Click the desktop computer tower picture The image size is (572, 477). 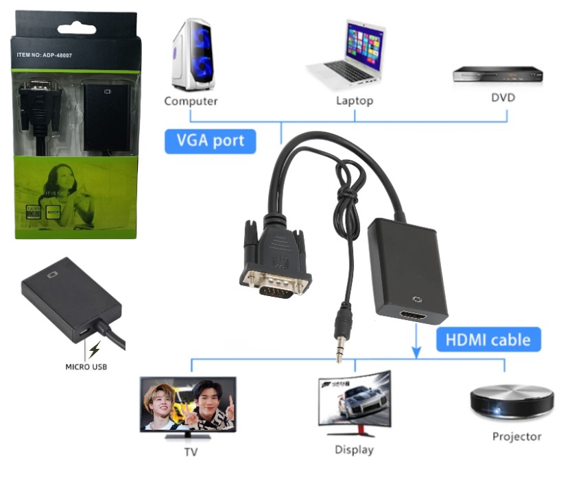(191, 55)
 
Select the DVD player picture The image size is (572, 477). (497, 74)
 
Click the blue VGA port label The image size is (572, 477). (210, 140)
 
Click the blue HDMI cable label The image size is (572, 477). (488, 339)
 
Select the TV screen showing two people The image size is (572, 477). (188, 404)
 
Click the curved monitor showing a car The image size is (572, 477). (354, 400)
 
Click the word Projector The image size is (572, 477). (516, 437)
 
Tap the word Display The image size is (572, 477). (354, 450)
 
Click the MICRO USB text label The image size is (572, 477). (86, 367)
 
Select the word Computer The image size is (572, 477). (191, 101)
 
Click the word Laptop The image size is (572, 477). (355, 101)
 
